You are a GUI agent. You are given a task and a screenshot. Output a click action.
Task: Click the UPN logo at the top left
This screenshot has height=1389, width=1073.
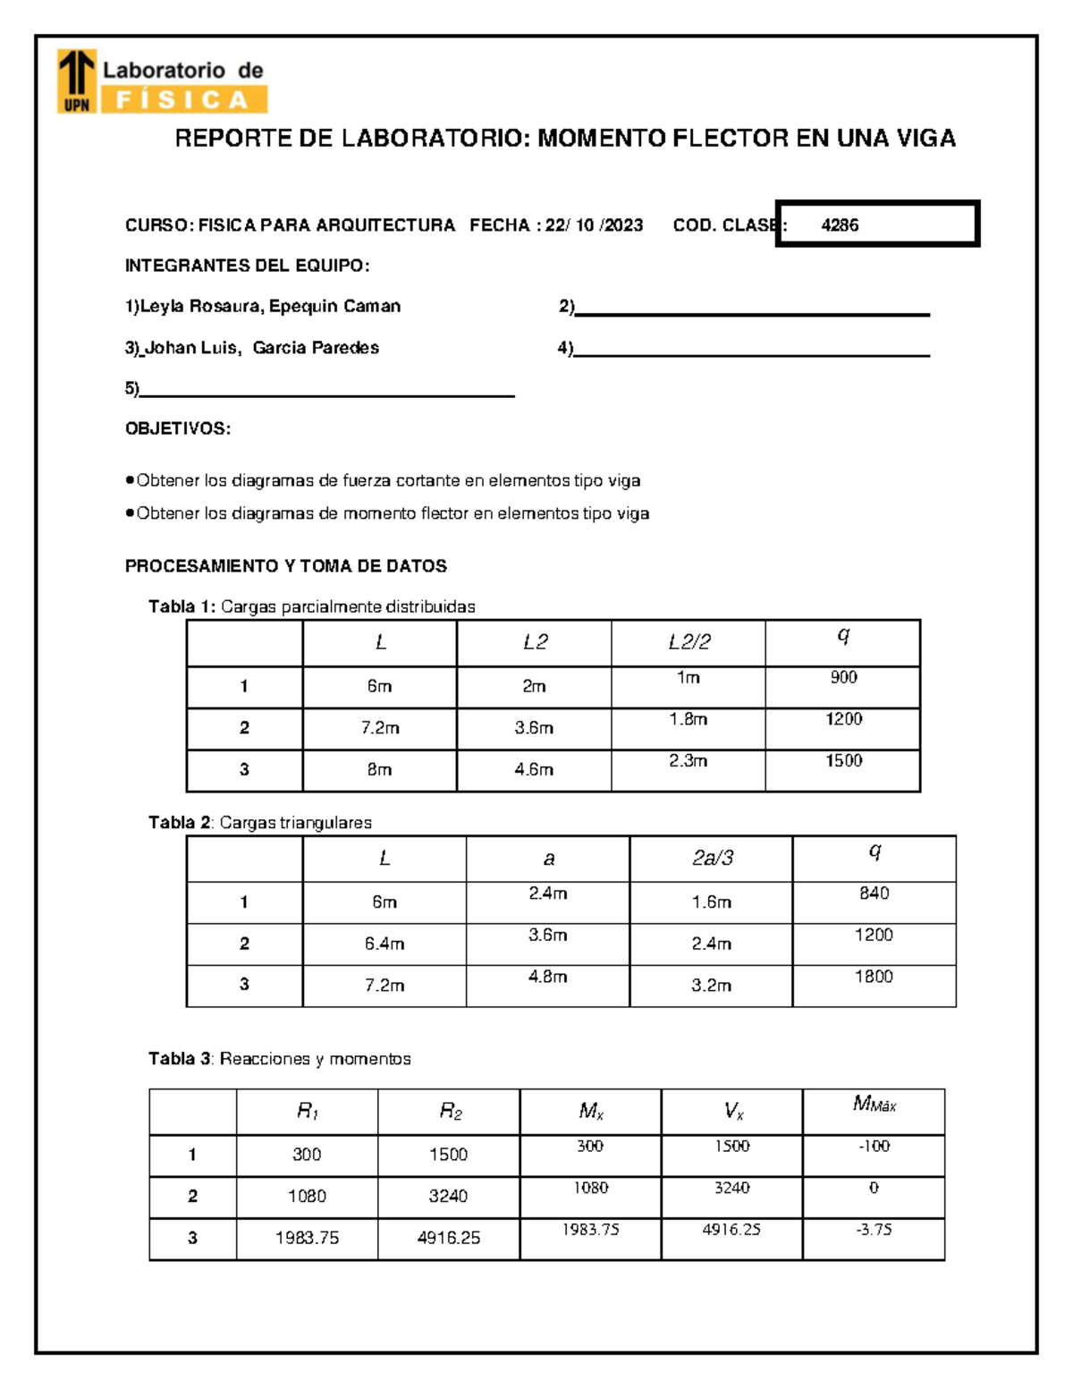click(x=76, y=82)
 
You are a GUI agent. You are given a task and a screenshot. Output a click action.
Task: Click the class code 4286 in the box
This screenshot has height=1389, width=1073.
click(x=840, y=225)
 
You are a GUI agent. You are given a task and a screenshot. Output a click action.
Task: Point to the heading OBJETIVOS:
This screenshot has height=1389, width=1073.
click(x=178, y=428)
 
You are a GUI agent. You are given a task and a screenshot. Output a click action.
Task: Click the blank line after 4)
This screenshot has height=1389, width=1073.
click(x=751, y=350)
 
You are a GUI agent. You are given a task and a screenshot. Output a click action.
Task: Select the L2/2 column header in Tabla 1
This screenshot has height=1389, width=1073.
click(x=689, y=642)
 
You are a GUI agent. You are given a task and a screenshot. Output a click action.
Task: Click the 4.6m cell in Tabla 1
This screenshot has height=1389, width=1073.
click(x=534, y=769)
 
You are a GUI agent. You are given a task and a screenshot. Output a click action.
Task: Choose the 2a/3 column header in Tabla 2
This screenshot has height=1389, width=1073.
click(x=712, y=859)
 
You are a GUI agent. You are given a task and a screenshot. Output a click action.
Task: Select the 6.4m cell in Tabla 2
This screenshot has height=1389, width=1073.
click(x=384, y=944)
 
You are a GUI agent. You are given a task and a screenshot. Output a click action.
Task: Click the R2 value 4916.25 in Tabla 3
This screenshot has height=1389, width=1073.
click(x=448, y=1238)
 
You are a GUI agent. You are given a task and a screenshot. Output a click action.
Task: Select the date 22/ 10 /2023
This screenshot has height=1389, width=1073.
click(x=594, y=225)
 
